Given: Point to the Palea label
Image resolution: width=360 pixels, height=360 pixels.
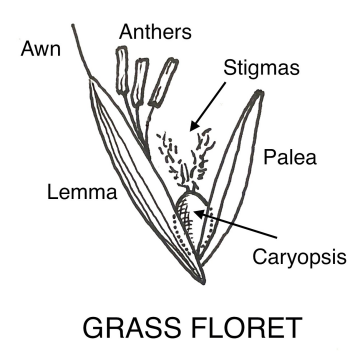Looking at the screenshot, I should (286, 156).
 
